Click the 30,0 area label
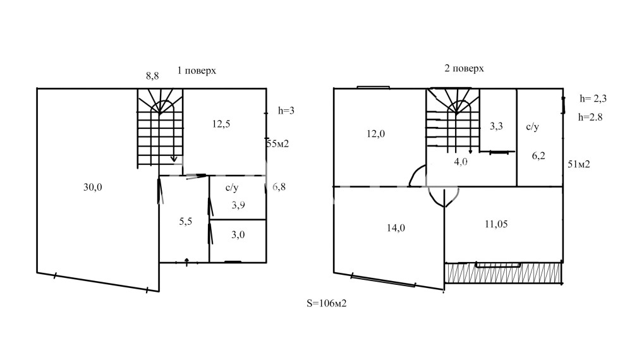93,187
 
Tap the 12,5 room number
221,124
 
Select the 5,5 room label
185,222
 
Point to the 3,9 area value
238,205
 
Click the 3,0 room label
238,235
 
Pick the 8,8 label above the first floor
152,76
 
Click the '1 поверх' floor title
197,71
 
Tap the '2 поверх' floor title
464,68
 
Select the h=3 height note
286,111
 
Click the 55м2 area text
277,144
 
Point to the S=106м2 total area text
327,303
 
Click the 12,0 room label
375,134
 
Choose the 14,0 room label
396,228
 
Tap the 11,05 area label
496,224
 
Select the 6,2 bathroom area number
538,156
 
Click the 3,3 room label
496,126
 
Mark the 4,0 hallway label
461,162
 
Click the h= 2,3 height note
593,99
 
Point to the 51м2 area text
579,164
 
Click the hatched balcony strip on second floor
502,272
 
